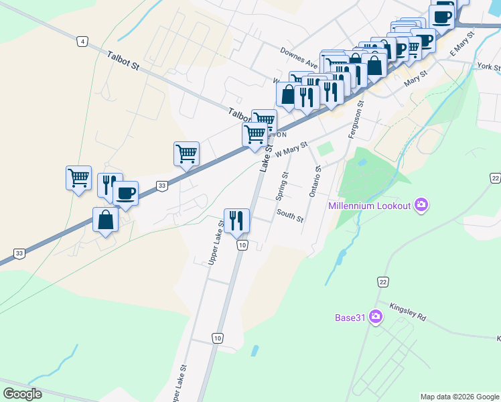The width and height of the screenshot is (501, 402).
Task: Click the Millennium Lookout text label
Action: pos(369,205)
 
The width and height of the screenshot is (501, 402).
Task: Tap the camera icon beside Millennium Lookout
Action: pos(421,204)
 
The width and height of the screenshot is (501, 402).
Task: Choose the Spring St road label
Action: pos(282,187)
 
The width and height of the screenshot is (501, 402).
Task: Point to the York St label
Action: pos(489,67)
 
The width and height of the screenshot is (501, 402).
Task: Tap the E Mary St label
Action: pos(462,42)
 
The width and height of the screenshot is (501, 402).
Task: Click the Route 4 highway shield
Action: pos(82,42)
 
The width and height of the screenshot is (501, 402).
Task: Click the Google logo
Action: pos(22,393)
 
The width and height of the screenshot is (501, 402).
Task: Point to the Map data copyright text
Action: pos(459,397)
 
